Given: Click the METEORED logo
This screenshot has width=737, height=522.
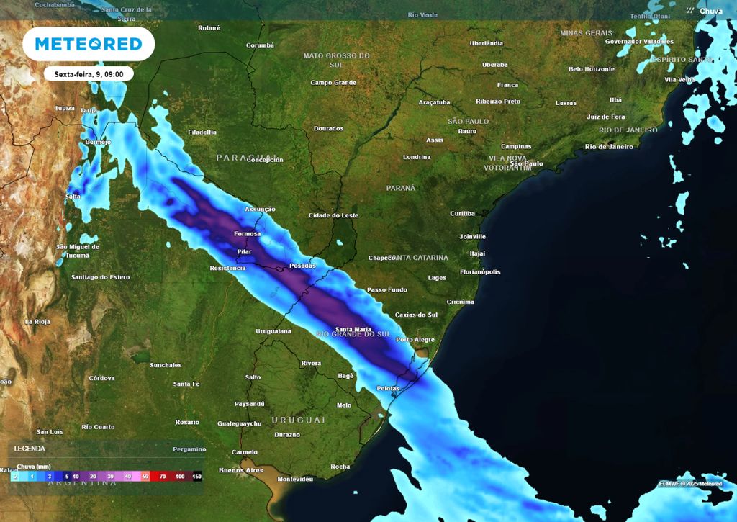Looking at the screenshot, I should [89, 44].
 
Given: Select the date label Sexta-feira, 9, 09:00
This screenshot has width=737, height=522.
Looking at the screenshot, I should [89, 74].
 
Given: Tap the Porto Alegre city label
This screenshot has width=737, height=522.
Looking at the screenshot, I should [415, 340].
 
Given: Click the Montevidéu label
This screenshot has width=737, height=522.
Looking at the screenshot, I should [295, 479].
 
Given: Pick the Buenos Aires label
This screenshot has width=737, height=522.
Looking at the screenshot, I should [240, 470].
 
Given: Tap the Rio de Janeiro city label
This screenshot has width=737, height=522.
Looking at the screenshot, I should [609, 147].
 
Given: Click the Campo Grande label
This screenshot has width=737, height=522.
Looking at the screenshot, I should [333, 83].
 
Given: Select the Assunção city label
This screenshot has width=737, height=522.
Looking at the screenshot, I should [261, 209].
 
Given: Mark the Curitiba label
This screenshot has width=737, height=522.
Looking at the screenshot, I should [462, 214].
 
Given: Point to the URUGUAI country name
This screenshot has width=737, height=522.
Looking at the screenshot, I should [298, 419].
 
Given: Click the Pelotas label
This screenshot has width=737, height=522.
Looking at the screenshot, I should [388, 388].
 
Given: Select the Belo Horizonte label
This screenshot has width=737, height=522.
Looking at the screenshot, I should [592, 69].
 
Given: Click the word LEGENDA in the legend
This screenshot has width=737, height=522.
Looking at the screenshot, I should [30, 448].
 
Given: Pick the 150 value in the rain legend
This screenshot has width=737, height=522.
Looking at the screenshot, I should [197, 477].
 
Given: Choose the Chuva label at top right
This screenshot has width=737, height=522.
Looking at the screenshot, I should [711, 11].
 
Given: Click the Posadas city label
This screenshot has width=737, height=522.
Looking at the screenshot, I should [302, 266].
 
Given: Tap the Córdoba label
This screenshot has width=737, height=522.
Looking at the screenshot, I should [101, 378].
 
